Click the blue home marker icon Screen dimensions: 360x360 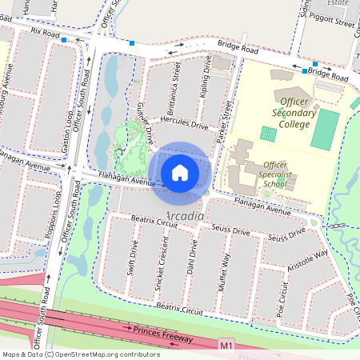[180, 172]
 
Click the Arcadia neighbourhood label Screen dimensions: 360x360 [186, 217]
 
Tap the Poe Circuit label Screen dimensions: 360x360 [283, 298]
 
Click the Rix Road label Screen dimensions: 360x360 [46, 34]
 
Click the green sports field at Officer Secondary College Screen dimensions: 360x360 [325, 128]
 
